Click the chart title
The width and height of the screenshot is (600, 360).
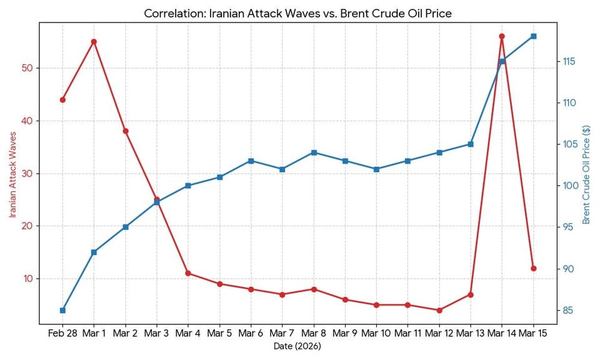pyautogui.click(x=297, y=13)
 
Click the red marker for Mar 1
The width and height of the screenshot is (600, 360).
pyautogui.click(x=94, y=42)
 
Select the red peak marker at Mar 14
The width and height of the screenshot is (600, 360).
pyautogui.click(x=502, y=36)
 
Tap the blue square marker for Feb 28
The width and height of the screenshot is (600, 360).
pyautogui.click(x=62, y=310)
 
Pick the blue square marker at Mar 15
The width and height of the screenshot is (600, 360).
pyautogui.click(x=533, y=36)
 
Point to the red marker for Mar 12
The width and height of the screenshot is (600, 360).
pyautogui.click(x=439, y=310)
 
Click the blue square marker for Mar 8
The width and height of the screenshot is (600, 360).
pyautogui.click(x=314, y=152)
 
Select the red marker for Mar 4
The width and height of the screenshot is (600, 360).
pyautogui.click(x=188, y=273)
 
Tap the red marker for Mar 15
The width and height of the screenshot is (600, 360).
pyautogui.click(x=533, y=268)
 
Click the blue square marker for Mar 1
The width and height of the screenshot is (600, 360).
pyautogui.click(x=94, y=252)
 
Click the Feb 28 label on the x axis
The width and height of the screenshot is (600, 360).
pyautogui.click(x=62, y=334)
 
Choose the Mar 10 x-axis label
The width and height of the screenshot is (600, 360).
pyautogui.click(x=376, y=334)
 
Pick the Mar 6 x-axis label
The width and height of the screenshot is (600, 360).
pyautogui.click(x=251, y=334)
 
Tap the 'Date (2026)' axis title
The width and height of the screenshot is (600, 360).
pyautogui.click(x=297, y=346)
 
